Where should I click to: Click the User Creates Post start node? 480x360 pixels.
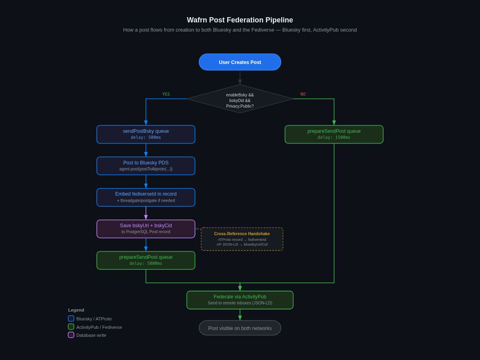[240, 62]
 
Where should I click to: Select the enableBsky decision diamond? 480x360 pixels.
[240, 99]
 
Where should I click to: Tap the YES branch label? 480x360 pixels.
[166, 94]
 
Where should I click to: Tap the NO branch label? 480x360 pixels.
[303, 94]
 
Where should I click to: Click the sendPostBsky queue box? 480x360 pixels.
[146, 134]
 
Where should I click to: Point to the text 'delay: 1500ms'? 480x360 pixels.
[334, 138]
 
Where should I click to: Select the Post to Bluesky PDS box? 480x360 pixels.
[146, 166]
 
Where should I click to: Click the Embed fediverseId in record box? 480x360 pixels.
[146, 197]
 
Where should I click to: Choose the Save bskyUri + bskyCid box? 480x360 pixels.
[146, 229]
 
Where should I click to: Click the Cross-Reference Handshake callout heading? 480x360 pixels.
[242, 234]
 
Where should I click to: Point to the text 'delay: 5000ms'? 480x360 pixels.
[146, 264]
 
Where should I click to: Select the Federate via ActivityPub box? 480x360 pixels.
[240, 300]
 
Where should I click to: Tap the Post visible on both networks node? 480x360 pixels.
[240, 328]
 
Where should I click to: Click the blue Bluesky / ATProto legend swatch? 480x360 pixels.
[71, 318]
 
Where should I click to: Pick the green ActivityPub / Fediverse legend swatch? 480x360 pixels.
[71, 327]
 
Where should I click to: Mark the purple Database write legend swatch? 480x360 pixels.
[71, 335]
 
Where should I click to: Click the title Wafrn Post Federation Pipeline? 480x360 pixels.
[240, 20]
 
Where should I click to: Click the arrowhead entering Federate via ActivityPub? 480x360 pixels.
[240, 288]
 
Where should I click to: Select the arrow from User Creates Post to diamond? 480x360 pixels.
[240, 77]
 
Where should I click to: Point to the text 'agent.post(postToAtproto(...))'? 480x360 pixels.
[146, 169]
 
